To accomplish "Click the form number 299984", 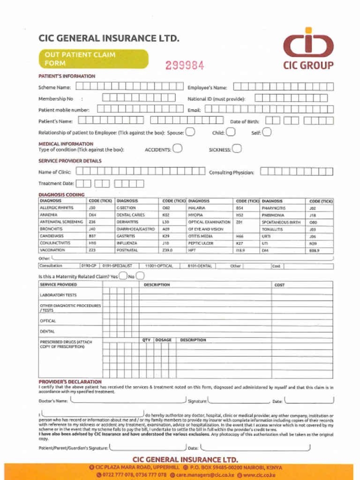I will [184, 66].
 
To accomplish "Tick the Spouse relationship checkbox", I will [190, 132].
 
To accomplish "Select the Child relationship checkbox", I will [230, 132].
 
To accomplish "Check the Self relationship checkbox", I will [266, 132].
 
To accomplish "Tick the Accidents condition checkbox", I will [177, 149].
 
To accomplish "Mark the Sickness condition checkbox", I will [237, 149].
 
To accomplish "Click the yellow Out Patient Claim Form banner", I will [93, 59].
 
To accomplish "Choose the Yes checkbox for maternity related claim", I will [123, 276].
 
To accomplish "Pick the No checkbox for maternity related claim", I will [140, 276].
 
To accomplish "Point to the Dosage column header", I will [164, 340].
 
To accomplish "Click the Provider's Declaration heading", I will [70, 382].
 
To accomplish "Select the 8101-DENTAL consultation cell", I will [200, 266].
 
